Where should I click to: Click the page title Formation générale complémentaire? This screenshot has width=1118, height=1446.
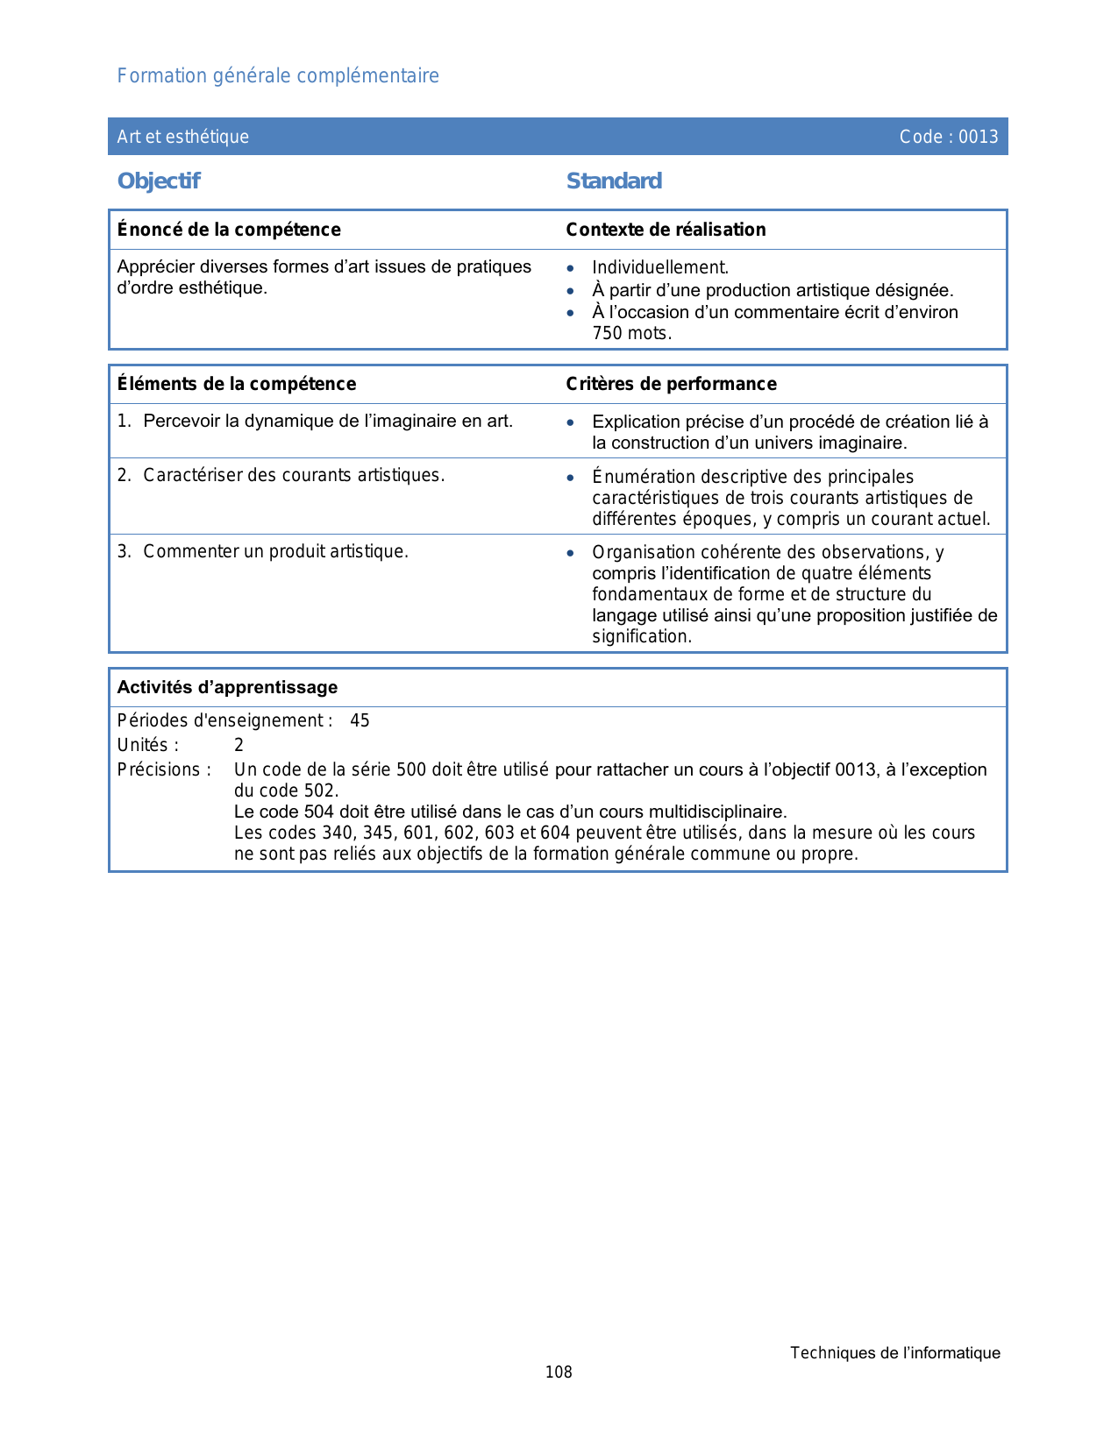278,76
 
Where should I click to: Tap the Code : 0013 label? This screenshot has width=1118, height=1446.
949,137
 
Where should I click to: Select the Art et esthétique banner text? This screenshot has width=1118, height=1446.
183,137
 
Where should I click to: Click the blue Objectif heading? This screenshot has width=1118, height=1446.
159,181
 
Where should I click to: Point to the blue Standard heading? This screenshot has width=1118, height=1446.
614,181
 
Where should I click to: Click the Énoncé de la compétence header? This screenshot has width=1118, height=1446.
229,230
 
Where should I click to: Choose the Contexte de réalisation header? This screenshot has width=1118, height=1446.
666,230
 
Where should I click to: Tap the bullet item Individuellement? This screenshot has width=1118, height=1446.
660,267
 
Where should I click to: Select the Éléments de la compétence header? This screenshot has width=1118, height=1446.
237,384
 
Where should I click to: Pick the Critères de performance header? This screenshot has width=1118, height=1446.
671,384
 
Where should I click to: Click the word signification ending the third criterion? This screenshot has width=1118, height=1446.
641,636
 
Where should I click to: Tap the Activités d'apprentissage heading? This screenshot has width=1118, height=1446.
227,687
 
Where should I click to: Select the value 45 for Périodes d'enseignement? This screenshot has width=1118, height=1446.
360,720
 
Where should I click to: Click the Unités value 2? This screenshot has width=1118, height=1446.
239,745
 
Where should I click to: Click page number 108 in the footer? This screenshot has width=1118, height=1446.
559,1372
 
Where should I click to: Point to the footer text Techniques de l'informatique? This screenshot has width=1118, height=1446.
894,1353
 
